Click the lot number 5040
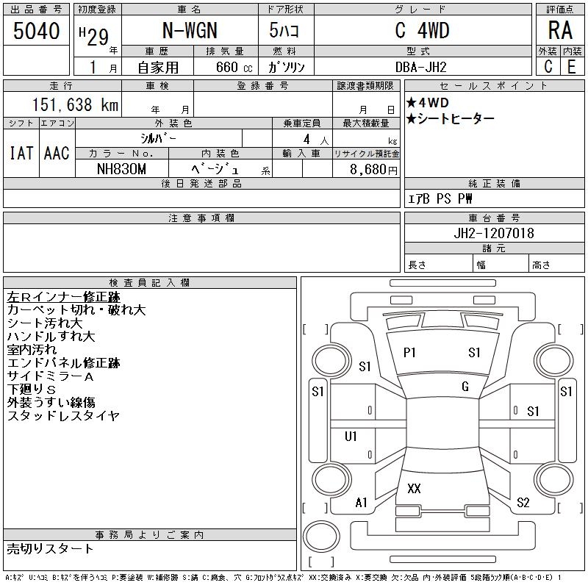coord(36,31)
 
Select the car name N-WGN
coord(190,30)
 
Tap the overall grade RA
coord(560,30)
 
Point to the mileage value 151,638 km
coord(75,104)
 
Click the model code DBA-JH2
coord(420,67)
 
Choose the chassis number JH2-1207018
coord(494,233)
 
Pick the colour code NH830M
coord(121,169)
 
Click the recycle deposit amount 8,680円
coord(373,170)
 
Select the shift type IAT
coord(21,153)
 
